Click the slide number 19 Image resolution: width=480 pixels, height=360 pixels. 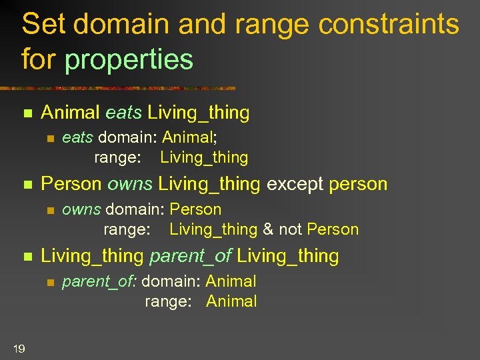click(19, 347)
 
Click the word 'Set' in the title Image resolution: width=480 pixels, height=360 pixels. click(43, 25)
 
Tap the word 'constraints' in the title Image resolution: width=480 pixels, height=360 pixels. click(389, 25)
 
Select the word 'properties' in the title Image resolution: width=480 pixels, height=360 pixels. click(129, 59)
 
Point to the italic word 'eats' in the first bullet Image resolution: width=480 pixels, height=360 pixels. click(123, 113)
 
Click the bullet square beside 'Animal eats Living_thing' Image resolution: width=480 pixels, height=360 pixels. click(27, 113)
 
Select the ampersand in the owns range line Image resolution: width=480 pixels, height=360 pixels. click(268, 229)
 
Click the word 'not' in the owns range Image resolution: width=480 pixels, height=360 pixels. click(291, 229)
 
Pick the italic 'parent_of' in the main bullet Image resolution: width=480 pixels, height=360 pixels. click(190, 255)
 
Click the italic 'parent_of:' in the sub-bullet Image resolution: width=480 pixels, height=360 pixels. click(99, 282)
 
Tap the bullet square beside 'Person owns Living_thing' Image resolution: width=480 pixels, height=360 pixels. click(27, 184)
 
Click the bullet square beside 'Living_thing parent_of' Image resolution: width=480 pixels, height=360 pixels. click(27, 256)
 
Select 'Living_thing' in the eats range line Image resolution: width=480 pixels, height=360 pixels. click(204, 157)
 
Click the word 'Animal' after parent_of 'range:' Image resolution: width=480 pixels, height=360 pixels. click(231, 301)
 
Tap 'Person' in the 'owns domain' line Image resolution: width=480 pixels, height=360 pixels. click(195, 209)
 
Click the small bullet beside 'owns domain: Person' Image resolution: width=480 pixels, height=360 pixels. click(49, 211)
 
